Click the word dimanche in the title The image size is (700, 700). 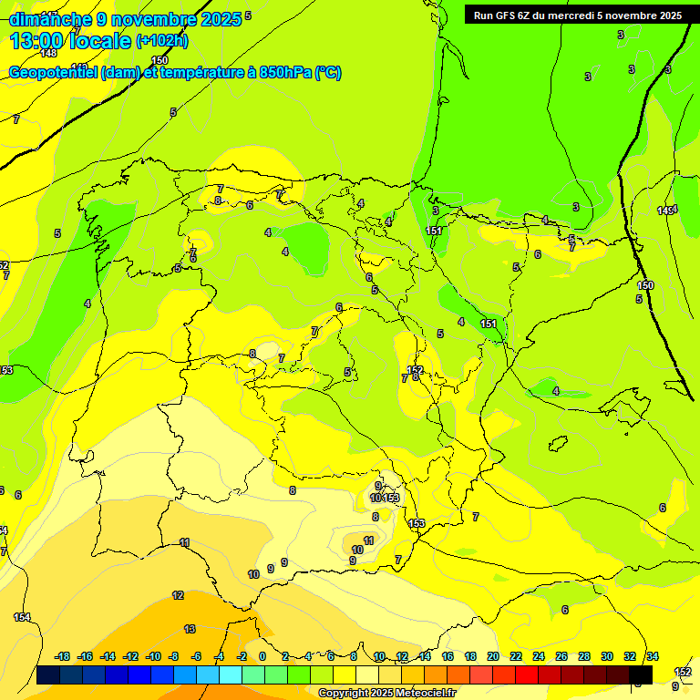click(x=50, y=19)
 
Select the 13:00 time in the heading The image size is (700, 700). click(x=41, y=41)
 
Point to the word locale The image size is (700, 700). click(x=105, y=41)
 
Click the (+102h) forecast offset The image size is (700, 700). click(x=162, y=41)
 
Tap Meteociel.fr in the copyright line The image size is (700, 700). click(x=424, y=694)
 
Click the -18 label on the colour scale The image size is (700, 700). click(x=62, y=656)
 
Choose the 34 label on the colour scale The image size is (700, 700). click(x=653, y=656)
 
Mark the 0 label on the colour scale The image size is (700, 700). click(x=262, y=656)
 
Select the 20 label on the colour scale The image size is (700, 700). click(x=493, y=656)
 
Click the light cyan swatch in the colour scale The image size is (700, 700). click(x=231, y=675)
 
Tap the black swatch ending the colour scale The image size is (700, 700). click(x=641, y=675)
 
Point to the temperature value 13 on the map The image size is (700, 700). click(x=190, y=629)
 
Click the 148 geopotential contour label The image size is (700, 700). click(x=48, y=54)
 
